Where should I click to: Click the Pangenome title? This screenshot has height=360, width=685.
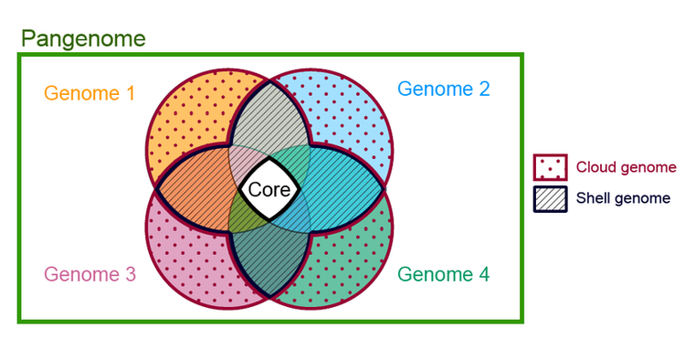83,38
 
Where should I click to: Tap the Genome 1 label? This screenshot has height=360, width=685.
90,92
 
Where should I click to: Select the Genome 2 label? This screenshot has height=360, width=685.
443,89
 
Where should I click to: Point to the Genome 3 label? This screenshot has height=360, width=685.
90,274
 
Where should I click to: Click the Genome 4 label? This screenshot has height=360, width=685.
443,273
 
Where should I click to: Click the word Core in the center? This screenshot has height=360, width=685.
269,190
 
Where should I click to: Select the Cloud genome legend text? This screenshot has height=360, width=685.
626,167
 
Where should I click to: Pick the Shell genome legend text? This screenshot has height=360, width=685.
623,197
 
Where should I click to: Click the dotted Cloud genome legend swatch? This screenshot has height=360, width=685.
551,167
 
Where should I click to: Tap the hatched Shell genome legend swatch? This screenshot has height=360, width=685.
551,198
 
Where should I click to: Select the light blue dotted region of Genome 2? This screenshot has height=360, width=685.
352,114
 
